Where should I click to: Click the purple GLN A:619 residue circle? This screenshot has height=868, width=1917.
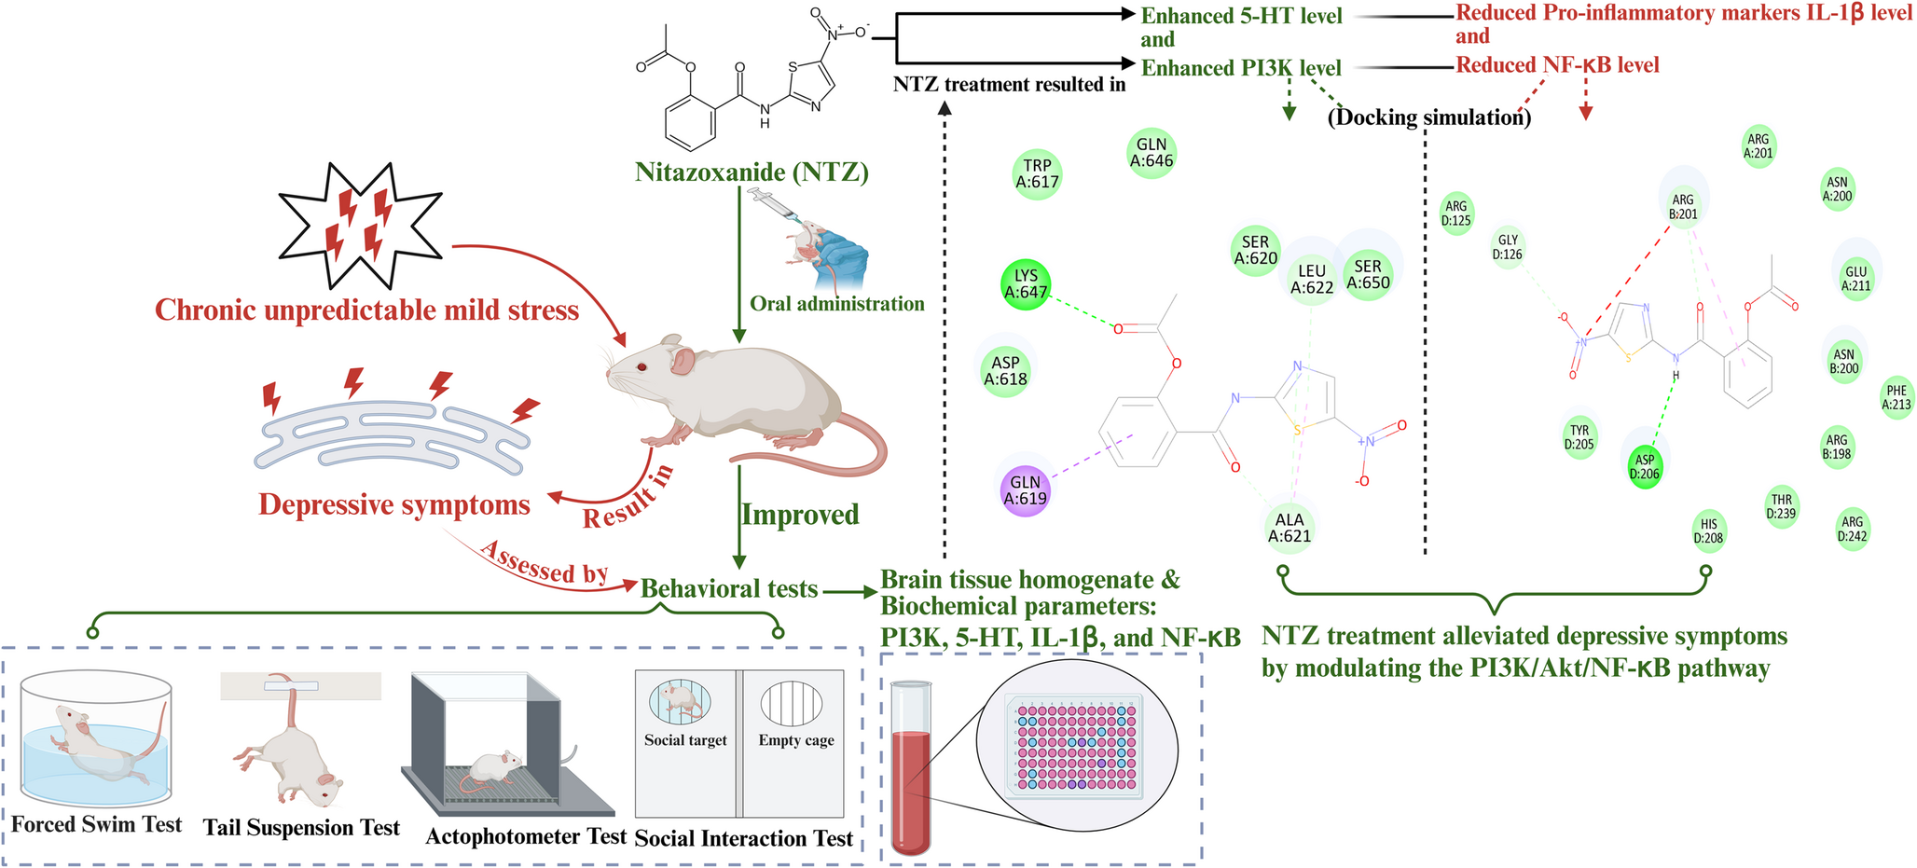point(1025,490)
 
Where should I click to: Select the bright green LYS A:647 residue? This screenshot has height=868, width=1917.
point(1026,284)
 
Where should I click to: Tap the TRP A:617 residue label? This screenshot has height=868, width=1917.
point(1037,174)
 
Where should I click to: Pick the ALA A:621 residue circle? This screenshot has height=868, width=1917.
point(1289,528)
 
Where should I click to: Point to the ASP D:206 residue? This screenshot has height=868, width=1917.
point(1645,466)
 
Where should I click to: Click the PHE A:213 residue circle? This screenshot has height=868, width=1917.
point(1896,397)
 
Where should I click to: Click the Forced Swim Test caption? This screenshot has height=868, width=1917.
point(97,825)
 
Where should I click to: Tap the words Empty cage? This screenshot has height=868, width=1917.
point(795,740)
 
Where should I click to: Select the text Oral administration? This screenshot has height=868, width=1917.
point(836,304)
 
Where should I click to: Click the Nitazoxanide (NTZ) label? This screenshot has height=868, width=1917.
point(752,172)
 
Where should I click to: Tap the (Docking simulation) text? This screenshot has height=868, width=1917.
point(1428,117)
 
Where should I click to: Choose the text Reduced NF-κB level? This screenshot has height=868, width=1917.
point(1557,65)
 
